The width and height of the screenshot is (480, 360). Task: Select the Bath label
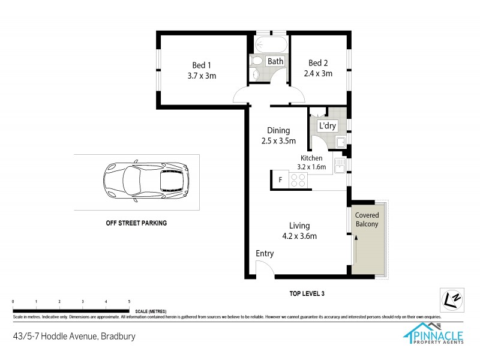275,61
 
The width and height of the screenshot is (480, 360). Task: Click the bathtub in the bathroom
271,44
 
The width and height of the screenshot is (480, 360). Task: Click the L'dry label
328,125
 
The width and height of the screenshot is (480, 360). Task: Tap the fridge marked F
280,179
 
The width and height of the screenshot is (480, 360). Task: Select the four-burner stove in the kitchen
298,179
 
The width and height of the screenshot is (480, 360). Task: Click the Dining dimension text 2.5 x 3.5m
279,142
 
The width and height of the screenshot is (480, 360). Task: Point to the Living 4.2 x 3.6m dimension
299,236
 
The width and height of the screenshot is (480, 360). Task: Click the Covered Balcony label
367,220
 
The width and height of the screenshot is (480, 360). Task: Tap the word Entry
265,254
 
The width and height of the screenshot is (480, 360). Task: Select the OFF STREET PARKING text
136,223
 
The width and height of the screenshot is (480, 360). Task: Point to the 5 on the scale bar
129,301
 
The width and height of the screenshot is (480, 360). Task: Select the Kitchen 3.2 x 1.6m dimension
311,163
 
